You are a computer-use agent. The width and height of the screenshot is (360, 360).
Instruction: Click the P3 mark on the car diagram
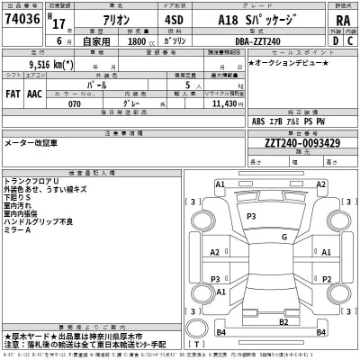tap(251, 216)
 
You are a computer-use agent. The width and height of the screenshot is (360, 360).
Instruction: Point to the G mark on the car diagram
tap(284, 238)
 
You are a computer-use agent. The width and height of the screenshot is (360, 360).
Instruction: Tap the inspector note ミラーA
tap(18, 231)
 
